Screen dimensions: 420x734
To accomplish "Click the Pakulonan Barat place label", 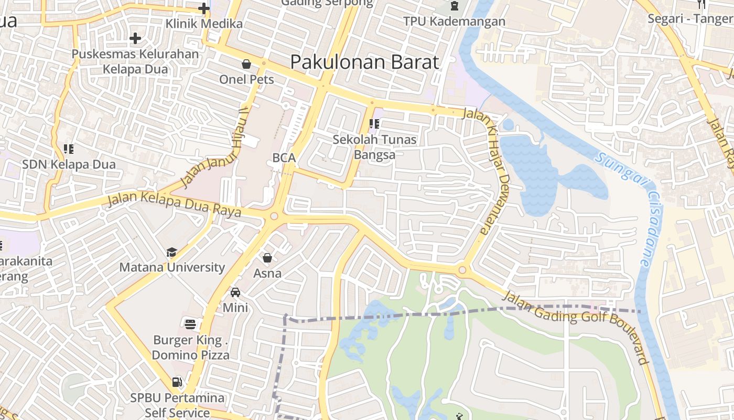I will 364,62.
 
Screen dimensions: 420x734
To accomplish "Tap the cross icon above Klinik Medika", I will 204,8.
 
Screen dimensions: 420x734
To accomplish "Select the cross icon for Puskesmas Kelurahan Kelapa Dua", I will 135,38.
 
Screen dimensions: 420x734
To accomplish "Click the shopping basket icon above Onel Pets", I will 246,64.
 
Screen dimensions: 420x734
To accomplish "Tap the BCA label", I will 284,157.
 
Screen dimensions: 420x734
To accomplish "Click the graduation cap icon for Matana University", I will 171,253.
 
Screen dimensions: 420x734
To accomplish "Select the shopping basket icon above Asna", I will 267,258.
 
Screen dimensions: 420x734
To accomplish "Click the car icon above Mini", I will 235,292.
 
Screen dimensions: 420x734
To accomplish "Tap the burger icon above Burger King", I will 190,324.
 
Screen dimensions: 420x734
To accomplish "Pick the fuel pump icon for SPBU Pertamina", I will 177,382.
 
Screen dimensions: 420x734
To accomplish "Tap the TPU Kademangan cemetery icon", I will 454,6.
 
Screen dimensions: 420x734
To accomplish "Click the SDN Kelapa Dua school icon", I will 68,149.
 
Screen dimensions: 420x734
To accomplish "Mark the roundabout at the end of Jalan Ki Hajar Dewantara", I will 462,270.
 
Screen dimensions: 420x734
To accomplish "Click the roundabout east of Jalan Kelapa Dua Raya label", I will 274,216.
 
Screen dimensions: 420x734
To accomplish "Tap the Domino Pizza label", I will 191,355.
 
